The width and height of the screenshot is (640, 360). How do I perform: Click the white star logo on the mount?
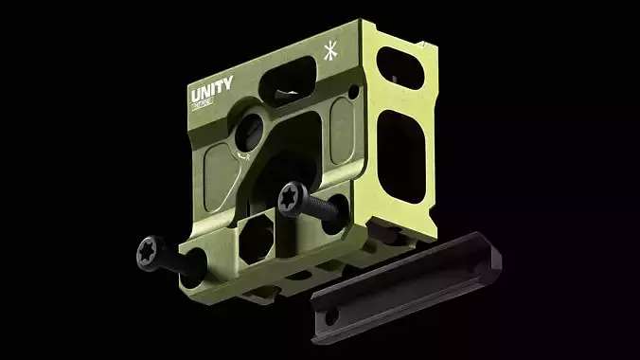(330, 51)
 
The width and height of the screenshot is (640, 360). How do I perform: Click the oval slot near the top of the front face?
(290, 76)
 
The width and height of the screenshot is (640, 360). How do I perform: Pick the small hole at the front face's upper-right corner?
(352, 91)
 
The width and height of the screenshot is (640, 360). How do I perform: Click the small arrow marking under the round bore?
(245, 155)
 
